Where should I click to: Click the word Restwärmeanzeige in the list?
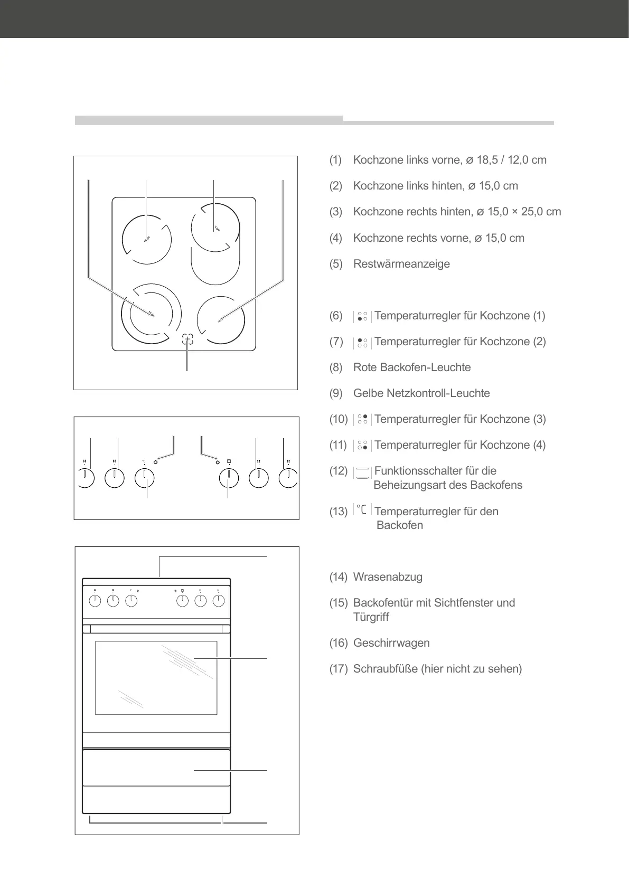pos(401,264)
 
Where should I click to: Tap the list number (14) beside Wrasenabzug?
pos(339,577)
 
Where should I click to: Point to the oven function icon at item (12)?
pos(362,472)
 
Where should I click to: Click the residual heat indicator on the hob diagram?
pos(187,340)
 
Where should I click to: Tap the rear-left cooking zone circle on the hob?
pos(147,240)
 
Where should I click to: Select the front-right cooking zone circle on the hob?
pos(221,320)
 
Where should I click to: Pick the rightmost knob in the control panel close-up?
pos(288,478)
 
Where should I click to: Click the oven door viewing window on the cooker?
pos(156,677)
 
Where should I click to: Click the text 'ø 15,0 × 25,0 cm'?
pos(519,212)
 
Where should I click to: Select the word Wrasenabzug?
pos(388,577)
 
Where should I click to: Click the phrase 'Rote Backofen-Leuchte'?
pos(412,367)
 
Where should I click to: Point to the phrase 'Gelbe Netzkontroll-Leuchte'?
pos(421,393)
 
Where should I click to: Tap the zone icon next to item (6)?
pos(362,316)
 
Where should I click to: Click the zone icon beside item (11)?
pos(362,446)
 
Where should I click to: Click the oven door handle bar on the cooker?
pos(156,629)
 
